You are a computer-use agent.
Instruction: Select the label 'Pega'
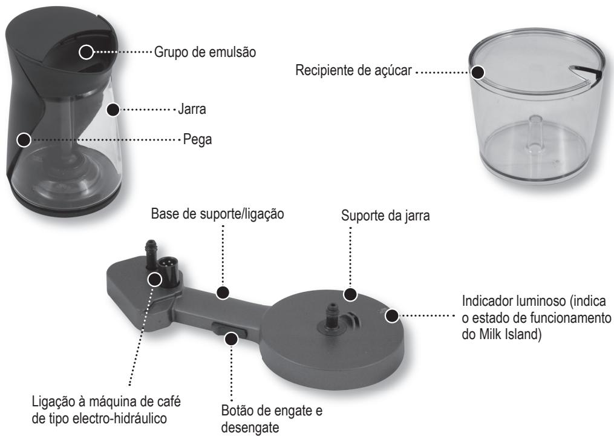[x=196, y=140]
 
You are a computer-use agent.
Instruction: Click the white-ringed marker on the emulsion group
[x=87, y=52]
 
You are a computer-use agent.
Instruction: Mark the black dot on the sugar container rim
[x=478, y=72]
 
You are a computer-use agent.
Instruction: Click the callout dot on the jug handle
[x=24, y=140]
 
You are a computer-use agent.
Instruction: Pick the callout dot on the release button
[x=232, y=340]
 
